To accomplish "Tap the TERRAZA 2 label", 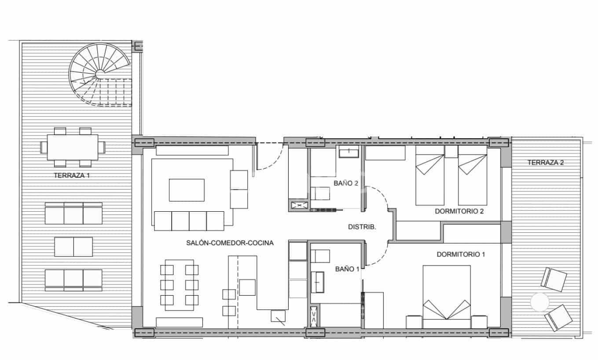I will click(x=546, y=162).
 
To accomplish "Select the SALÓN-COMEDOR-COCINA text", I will click(x=230, y=242).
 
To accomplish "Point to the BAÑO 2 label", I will click(x=346, y=183).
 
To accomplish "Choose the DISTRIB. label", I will click(x=362, y=227).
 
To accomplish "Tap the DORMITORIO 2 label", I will click(x=459, y=211).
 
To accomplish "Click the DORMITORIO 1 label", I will click(x=461, y=254).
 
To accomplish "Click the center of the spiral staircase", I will click(x=100, y=73).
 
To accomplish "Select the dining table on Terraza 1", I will click(x=73, y=147).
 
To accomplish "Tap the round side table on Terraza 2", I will click(x=539, y=302).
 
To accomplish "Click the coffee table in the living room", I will click(x=187, y=190).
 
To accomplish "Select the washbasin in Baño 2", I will click(x=349, y=152).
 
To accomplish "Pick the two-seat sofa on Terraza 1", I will click(x=73, y=246).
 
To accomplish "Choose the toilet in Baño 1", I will click(x=320, y=256).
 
